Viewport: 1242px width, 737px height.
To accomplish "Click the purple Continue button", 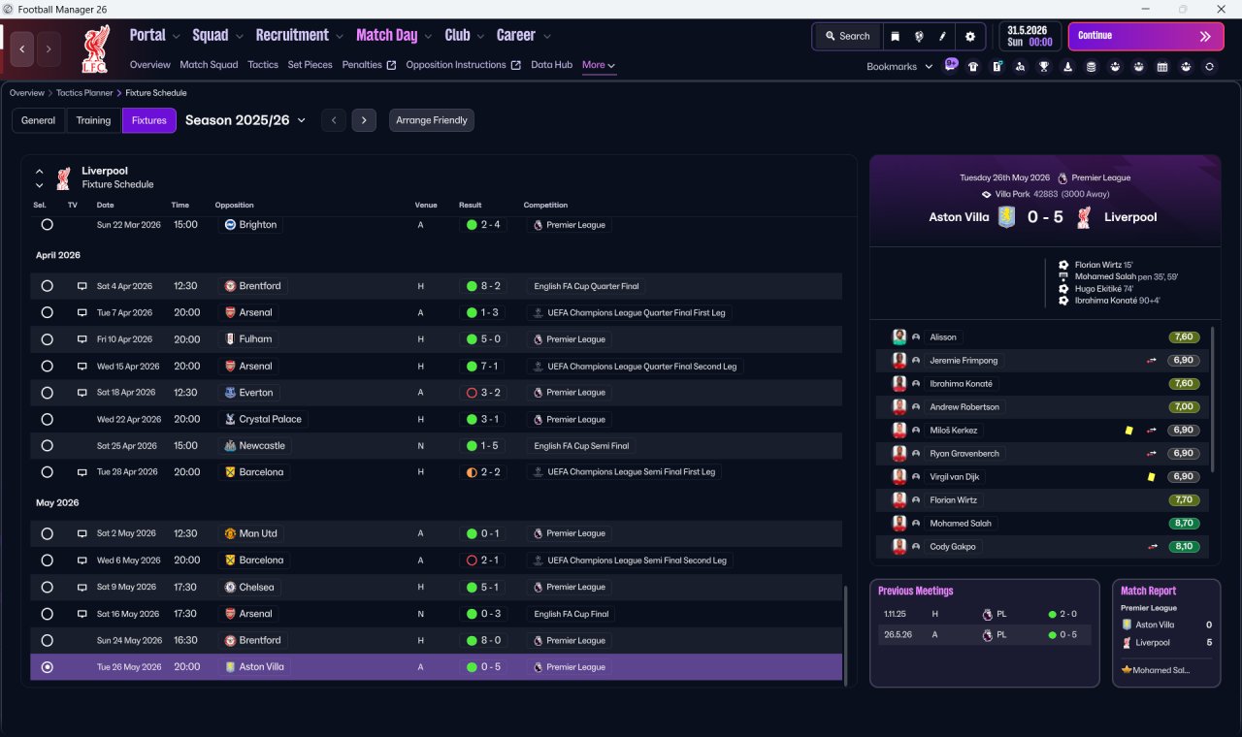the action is click(1146, 36).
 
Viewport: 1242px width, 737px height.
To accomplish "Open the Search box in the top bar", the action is click(847, 36).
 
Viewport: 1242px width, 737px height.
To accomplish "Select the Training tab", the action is click(93, 120).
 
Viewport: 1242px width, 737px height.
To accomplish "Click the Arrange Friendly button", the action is click(432, 120).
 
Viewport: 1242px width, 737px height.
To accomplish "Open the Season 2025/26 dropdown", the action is click(245, 120).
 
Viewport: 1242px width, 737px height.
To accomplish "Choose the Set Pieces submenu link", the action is click(310, 65).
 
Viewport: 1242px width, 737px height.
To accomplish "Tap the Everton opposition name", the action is click(256, 393).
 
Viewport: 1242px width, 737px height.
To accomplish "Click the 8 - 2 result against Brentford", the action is click(490, 286).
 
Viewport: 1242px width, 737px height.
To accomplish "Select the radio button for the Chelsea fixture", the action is click(48, 587).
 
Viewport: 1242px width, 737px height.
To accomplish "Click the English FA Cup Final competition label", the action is click(572, 614).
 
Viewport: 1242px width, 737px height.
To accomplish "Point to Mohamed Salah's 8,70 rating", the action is click(1184, 523).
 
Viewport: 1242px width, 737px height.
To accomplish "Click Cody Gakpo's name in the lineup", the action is click(953, 546).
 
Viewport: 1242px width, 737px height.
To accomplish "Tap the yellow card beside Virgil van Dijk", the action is click(1151, 476).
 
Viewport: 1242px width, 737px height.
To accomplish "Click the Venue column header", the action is click(426, 205).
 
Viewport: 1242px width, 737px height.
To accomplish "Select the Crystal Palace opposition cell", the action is click(264, 420).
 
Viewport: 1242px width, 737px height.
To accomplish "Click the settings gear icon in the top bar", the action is click(969, 37).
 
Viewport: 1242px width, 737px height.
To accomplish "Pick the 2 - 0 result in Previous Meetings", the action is click(1068, 614).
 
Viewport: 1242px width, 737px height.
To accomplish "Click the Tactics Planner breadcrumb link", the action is click(84, 92).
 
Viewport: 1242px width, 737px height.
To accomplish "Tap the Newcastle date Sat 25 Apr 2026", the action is click(127, 446).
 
